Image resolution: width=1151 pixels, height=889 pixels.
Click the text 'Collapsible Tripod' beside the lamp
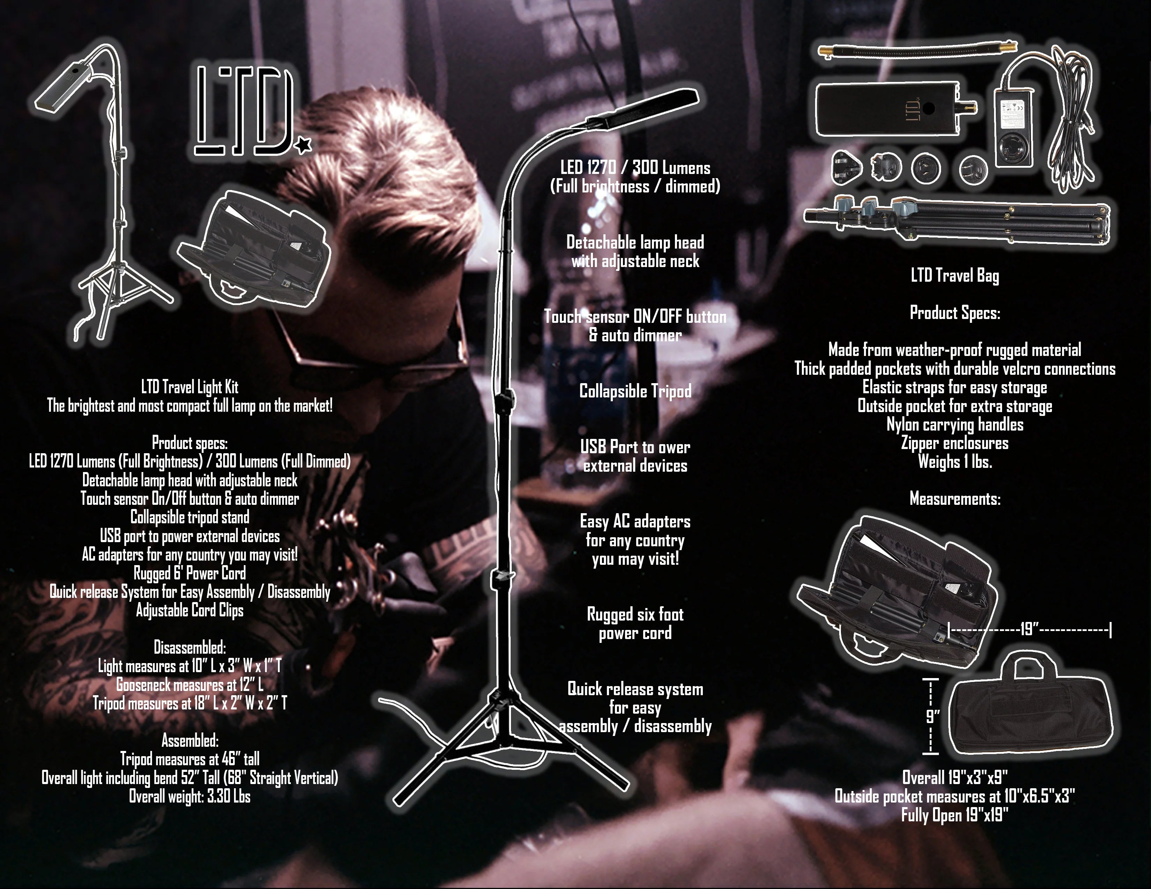click(635, 391)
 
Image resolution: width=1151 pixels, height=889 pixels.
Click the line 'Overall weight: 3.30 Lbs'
click(190, 796)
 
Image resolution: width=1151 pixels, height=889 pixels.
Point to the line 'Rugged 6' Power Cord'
click(190, 573)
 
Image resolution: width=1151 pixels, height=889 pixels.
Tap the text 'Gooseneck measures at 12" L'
click(190, 685)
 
